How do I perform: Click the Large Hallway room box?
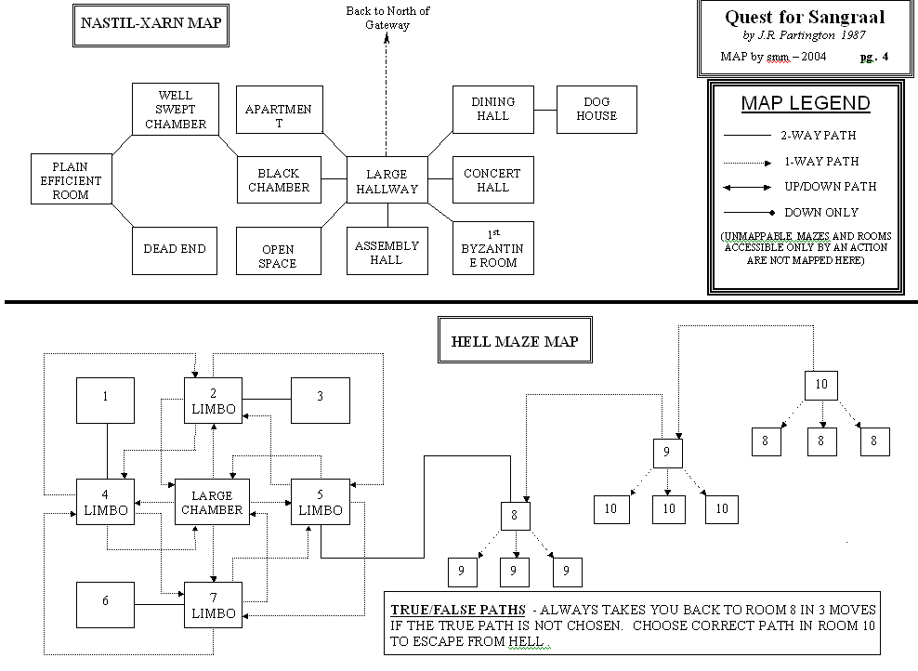[x=387, y=181]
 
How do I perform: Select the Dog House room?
[x=596, y=109]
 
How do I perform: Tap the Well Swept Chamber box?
[x=175, y=109]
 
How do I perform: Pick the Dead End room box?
[x=175, y=249]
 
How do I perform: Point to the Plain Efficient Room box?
[x=71, y=181]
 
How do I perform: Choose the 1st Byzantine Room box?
[x=492, y=248]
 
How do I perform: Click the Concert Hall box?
[x=492, y=180]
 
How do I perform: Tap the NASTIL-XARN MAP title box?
[x=151, y=24]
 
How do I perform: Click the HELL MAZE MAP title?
[x=514, y=342]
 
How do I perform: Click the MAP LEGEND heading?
[x=805, y=103]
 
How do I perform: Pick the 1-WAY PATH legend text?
[x=822, y=161]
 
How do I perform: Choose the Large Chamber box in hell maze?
[x=212, y=503]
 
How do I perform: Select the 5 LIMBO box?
[x=321, y=503]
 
